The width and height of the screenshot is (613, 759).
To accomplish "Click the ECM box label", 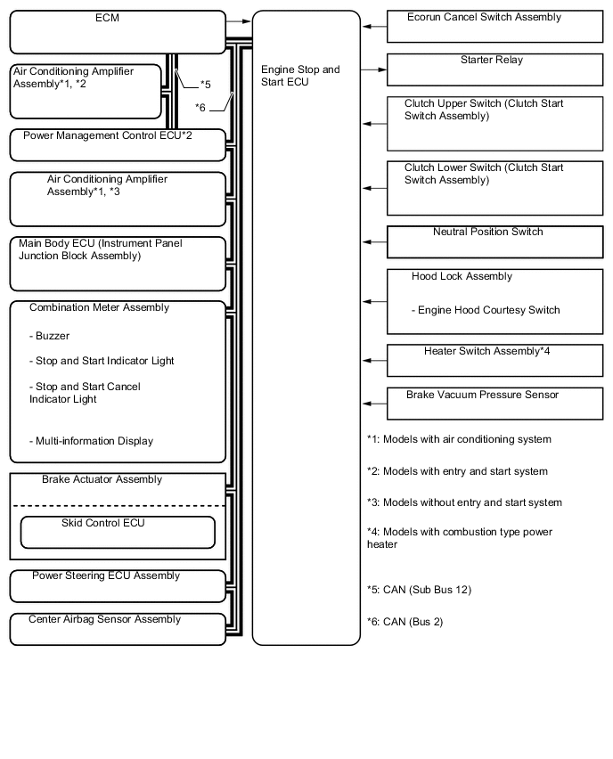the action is [107, 18].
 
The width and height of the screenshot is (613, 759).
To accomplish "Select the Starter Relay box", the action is [494, 69].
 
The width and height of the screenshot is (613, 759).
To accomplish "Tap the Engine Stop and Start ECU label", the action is [300, 76].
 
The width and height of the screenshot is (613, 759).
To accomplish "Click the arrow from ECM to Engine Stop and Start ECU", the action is [238, 21].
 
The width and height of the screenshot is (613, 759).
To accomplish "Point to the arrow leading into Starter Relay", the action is [373, 69].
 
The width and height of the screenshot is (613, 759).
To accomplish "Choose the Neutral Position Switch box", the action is [494, 241].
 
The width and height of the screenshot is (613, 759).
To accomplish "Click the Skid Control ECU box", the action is [118, 532].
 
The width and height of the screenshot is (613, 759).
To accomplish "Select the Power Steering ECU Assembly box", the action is [118, 586].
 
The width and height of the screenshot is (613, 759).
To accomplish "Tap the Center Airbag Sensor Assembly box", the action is [118, 629].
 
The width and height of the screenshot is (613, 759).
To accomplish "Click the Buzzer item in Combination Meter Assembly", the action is [49, 336].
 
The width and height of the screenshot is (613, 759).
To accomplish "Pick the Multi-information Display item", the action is [91, 441].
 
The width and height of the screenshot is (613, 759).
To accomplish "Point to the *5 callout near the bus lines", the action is [206, 85].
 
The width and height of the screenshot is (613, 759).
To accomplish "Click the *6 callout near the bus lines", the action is [200, 108].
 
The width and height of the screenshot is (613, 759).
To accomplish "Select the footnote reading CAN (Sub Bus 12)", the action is [420, 590].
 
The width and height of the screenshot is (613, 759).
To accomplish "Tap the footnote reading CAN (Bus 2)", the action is [405, 622].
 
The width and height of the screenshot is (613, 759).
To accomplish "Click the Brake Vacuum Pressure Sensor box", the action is [494, 404].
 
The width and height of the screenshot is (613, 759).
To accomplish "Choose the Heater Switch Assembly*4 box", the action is [494, 361].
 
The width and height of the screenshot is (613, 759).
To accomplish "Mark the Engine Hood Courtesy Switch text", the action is [486, 310].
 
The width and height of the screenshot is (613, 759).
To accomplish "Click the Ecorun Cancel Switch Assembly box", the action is [494, 27].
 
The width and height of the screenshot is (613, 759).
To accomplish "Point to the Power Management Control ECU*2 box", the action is [118, 144].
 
